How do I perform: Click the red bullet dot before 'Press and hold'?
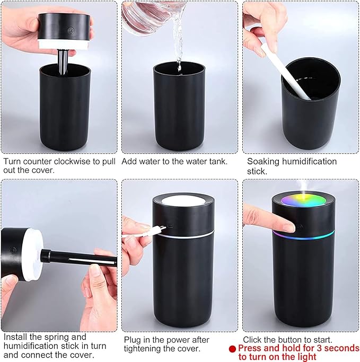[x=232, y=349]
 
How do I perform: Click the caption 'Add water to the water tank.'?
[x=174, y=161]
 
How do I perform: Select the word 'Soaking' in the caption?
[x=264, y=161]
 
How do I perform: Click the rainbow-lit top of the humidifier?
[x=303, y=202]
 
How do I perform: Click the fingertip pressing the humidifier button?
[x=287, y=227]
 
